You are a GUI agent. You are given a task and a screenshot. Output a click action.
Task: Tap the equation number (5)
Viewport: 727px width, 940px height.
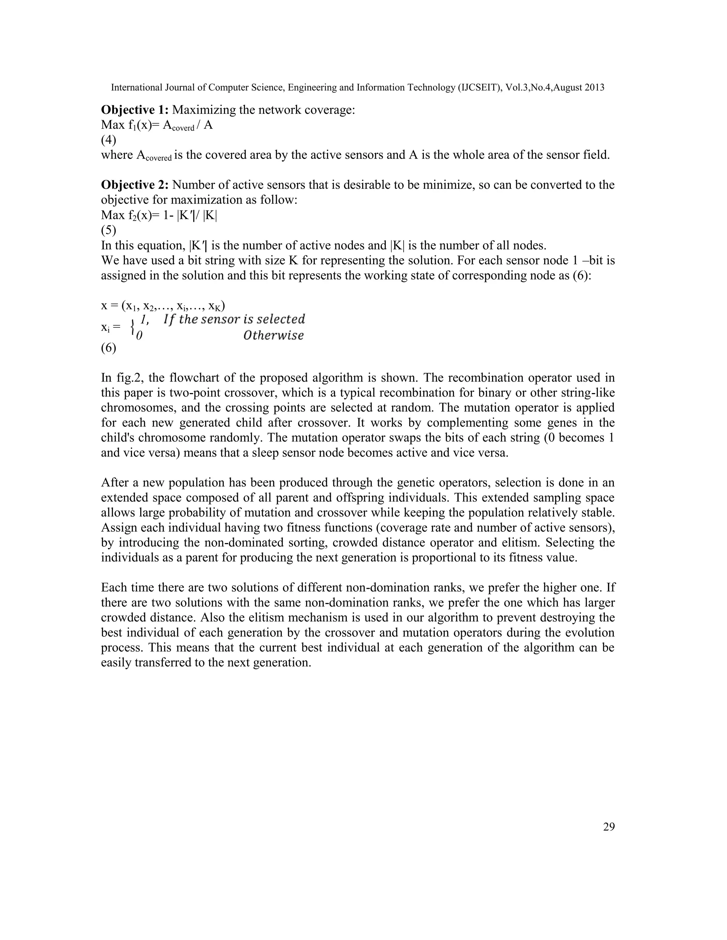108,230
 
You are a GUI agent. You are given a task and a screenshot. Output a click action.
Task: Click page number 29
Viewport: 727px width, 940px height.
608,827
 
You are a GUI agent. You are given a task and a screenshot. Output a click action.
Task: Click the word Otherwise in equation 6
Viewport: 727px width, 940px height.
273,335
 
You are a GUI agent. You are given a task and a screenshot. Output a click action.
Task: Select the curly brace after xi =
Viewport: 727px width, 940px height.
132,327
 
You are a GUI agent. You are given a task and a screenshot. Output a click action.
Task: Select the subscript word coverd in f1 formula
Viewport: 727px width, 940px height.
183,129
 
